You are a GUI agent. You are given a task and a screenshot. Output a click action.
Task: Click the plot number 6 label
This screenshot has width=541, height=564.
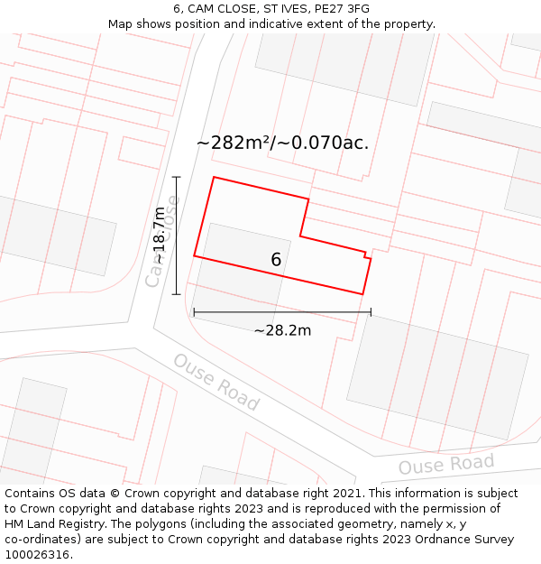click(276, 260)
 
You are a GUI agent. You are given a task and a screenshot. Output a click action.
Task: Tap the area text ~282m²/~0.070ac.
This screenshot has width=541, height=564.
click(282, 143)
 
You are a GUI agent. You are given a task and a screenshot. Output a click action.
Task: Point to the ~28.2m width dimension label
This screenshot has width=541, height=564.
click(282, 330)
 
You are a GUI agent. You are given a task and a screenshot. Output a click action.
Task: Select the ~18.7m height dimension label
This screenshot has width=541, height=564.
click(160, 236)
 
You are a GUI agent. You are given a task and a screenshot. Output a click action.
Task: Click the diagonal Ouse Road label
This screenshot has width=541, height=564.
click(216, 382)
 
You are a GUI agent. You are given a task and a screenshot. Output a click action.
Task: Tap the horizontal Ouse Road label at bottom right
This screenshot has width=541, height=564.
click(446, 465)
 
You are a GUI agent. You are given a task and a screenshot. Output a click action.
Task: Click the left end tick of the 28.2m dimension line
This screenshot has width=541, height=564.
click(194, 313)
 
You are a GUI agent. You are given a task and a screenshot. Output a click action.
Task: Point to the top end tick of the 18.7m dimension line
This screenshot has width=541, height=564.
click(177, 177)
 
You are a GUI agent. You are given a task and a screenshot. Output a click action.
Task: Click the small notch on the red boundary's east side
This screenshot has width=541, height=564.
click(367, 256)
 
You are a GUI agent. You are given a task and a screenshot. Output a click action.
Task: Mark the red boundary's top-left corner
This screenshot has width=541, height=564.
click(214, 177)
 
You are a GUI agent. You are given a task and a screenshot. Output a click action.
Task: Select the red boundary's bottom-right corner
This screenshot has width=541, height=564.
click(362, 294)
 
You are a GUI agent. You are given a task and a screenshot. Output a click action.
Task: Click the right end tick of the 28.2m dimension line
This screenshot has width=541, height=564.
click(371, 313)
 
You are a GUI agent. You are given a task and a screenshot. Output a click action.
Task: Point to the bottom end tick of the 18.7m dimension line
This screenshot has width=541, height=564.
click(177, 294)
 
